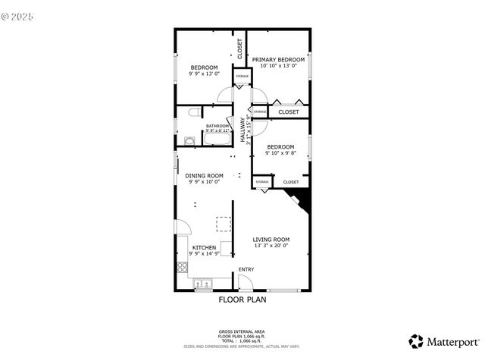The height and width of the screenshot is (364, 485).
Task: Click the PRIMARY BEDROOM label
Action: (278, 59)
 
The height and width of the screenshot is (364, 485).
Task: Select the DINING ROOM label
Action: (204, 175)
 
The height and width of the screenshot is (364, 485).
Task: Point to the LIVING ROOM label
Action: (271, 240)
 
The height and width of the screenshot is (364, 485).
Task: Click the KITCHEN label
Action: (204, 247)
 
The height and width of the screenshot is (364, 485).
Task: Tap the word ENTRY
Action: (246, 269)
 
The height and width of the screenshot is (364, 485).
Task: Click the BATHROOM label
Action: (217, 126)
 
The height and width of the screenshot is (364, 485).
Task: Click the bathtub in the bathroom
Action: (217, 140)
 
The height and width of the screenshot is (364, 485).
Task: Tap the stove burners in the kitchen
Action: (182, 266)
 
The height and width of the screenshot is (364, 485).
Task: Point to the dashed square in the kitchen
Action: (224, 224)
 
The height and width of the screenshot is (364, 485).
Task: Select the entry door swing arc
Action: (244, 282)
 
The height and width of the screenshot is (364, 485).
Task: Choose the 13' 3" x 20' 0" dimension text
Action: (271, 246)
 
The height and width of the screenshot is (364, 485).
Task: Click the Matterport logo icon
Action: (416, 341)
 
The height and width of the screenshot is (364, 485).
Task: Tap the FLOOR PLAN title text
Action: (242, 300)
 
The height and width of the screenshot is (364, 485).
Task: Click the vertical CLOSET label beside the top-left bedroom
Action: (239, 49)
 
